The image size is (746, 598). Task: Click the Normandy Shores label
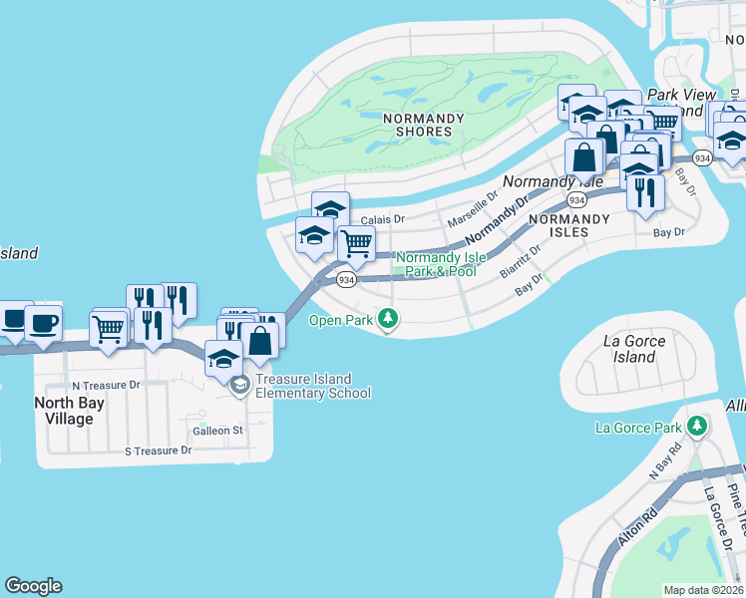click(x=424, y=125)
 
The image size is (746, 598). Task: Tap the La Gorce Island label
click(x=634, y=348)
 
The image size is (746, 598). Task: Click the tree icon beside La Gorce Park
click(x=697, y=428)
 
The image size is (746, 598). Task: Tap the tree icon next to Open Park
click(x=389, y=320)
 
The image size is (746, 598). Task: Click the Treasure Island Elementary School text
click(x=312, y=386)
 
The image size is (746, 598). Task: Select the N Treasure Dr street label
click(x=106, y=385)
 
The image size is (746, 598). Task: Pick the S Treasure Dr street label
click(x=157, y=450)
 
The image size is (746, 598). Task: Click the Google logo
click(x=33, y=586)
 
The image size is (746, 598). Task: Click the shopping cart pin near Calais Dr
click(x=356, y=243)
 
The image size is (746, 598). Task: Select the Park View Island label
click(x=682, y=102)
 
